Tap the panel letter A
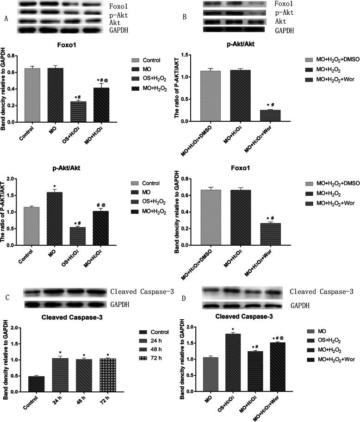click(6, 19)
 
